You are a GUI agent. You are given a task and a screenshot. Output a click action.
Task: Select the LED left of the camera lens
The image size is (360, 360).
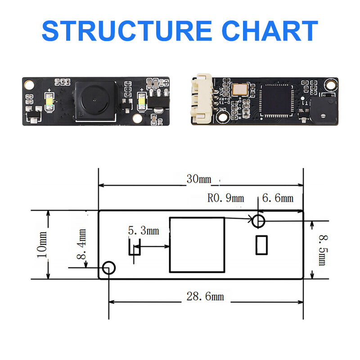[x=50, y=103]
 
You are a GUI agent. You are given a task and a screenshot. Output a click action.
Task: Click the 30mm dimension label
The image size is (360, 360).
[x=198, y=179]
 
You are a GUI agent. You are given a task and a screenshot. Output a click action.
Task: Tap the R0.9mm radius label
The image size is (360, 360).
[x=225, y=198]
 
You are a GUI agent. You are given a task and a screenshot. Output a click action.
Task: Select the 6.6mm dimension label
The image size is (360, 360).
[x=278, y=198]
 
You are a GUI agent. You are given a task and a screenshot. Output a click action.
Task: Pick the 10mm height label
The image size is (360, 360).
[x=41, y=244]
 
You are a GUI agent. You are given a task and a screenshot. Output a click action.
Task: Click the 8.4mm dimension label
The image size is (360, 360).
[x=81, y=244]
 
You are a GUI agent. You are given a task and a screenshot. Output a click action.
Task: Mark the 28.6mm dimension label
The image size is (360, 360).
[x=205, y=297]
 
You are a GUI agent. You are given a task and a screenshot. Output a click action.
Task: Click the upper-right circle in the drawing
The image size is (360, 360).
[x=258, y=221]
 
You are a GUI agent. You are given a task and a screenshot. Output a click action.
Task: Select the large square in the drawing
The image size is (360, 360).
[x=197, y=245]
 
